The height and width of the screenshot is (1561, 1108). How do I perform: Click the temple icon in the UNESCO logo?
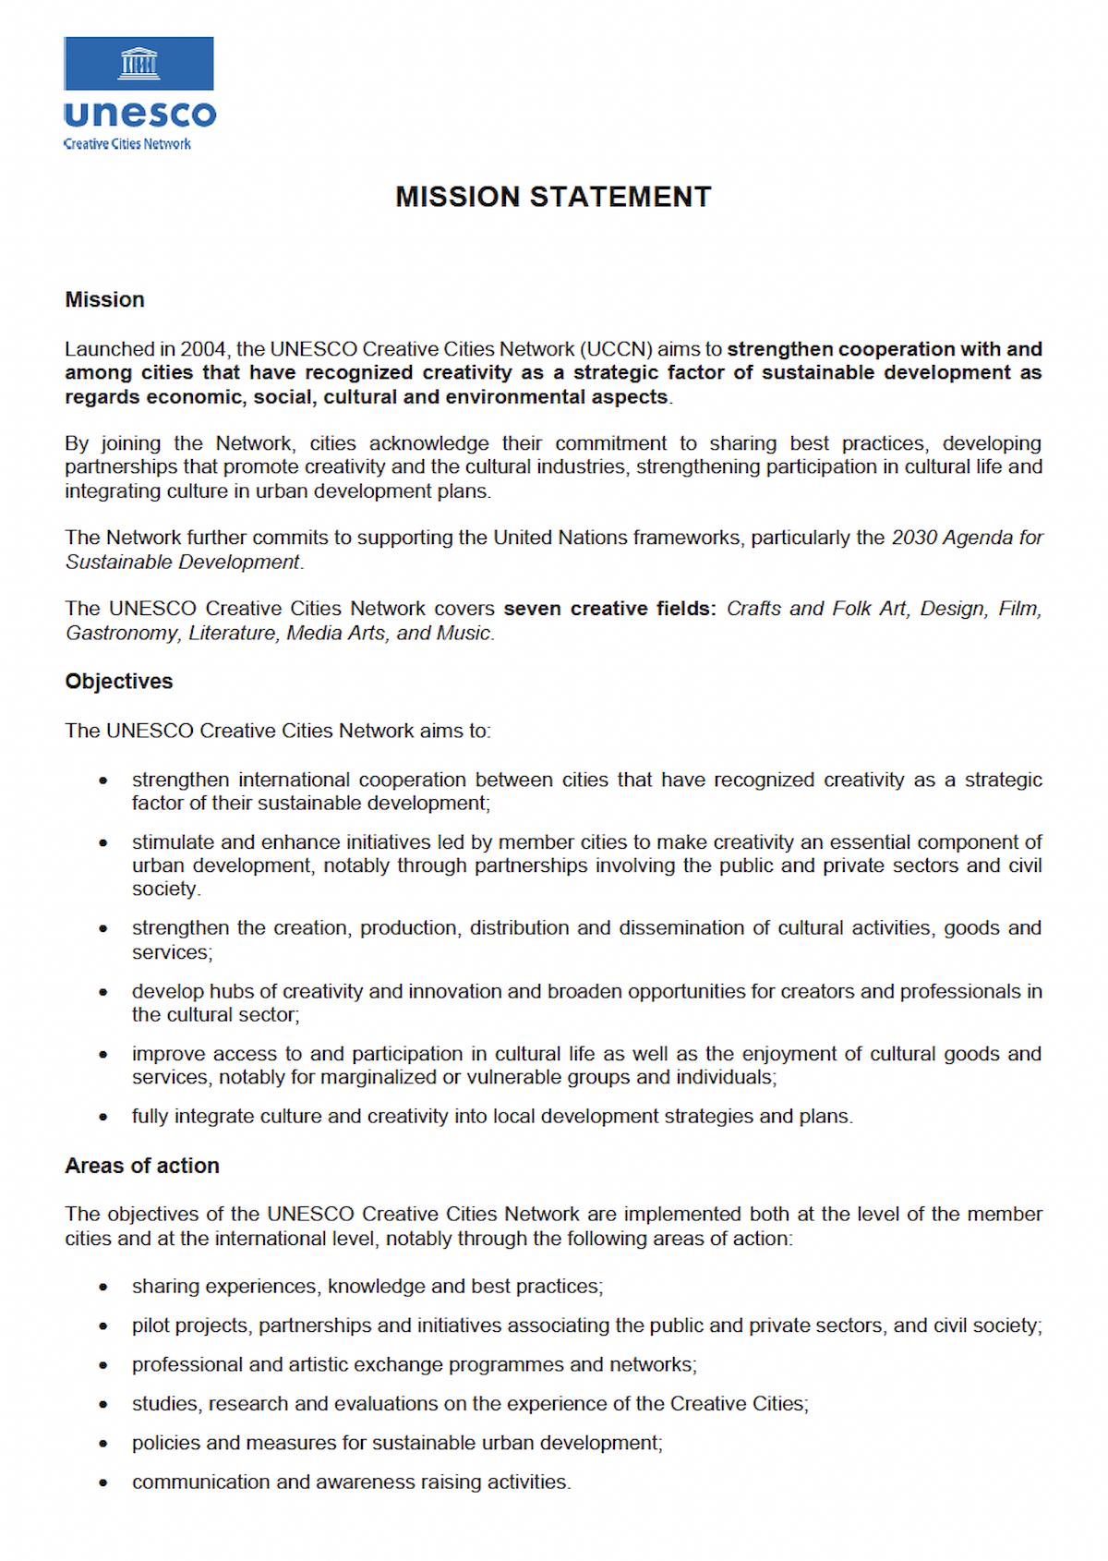point(139,63)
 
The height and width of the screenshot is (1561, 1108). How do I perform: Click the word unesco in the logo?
point(140,115)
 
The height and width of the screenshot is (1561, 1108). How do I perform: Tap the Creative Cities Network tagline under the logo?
point(127,144)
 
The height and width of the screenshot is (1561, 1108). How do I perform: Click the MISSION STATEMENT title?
point(553,197)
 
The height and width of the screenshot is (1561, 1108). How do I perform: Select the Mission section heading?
point(104,299)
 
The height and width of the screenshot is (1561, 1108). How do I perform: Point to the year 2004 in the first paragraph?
point(203,349)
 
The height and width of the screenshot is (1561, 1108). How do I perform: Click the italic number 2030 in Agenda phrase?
point(913,538)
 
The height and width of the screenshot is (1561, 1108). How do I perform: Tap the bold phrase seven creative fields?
point(609,609)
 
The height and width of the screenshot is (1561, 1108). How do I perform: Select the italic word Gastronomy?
point(122,633)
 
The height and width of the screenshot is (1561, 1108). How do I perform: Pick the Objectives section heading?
point(118,681)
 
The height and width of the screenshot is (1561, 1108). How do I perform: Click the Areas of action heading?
point(142,1166)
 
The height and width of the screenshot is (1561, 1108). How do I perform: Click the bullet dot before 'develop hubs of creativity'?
point(103,992)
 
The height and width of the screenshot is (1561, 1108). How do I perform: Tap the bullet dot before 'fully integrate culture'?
point(103,1117)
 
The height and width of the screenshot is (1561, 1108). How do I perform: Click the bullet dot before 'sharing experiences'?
point(103,1287)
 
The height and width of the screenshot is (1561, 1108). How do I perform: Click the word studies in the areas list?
point(166,1404)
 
